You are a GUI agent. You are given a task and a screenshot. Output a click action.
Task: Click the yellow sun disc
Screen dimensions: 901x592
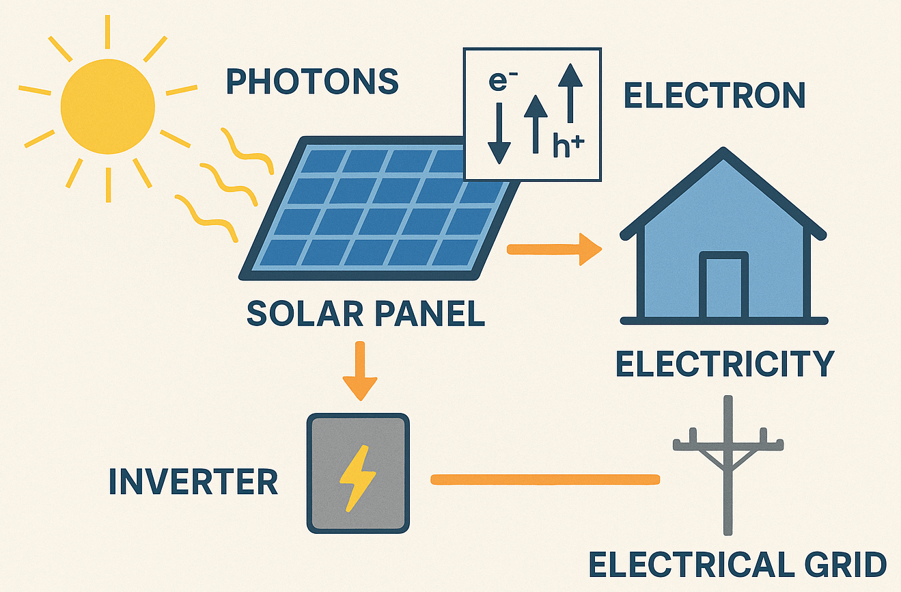(107, 106)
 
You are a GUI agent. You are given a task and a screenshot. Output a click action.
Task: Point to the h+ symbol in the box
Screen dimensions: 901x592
(569, 146)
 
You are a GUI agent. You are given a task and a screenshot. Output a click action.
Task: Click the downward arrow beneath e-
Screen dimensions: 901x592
(499, 133)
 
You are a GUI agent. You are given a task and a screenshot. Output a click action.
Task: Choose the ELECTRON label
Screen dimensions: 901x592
(715, 96)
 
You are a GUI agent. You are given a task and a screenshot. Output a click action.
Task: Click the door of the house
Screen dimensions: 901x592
(723, 285)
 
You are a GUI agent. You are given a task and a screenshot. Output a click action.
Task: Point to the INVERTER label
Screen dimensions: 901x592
(193, 482)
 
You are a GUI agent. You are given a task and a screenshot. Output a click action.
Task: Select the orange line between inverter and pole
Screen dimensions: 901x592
(545, 480)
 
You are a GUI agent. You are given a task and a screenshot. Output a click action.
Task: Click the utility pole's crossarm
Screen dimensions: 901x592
(728, 444)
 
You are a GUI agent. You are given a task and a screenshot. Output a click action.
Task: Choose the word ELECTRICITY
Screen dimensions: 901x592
(725, 364)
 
